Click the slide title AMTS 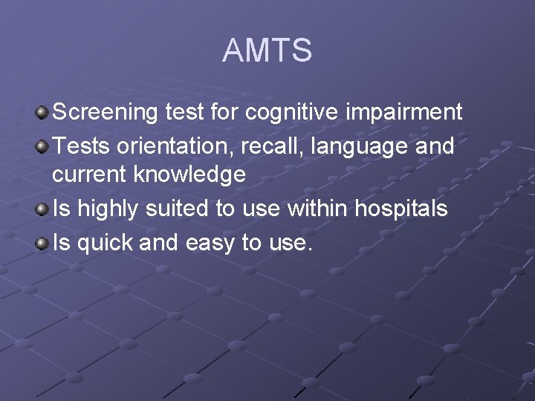(x=267, y=51)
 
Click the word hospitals (x=401, y=209)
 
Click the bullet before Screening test (x=42, y=114)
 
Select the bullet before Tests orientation (x=42, y=147)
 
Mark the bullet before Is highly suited (x=42, y=209)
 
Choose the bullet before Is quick (x=42, y=243)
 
